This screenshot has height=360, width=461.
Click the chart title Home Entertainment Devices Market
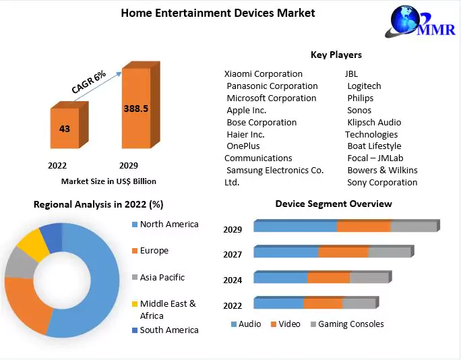pyautogui.click(x=218, y=13)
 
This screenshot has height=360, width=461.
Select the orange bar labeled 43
pyautogui.click(x=65, y=128)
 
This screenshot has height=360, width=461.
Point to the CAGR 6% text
pyautogui.click(x=89, y=82)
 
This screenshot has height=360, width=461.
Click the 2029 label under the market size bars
pyautogui.click(x=129, y=165)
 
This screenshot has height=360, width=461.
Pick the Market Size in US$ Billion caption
pyautogui.click(x=109, y=181)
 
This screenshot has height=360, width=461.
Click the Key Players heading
pyautogui.click(x=336, y=55)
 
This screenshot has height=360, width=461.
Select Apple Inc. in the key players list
pyautogui.click(x=246, y=110)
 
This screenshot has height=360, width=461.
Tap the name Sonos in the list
pyautogui.click(x=359, y=110)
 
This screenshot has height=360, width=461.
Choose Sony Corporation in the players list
pyautogui.click(x=381, y=182)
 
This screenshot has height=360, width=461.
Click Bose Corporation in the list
pyautogui.click(x=261, y=122)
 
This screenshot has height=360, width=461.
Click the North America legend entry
pyautogui.click(x=168, y=224)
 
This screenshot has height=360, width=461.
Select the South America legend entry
pyautogui.click(x=168, y=330)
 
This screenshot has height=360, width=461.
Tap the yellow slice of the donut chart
pyautogui.click(x=30, y=244)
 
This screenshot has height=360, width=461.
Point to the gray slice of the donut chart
pyautogui.click(x=18, y=265)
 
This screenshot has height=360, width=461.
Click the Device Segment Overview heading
pyautogui.click(x=333, y=204)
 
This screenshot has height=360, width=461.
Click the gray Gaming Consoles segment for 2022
pyautogui.click(x=358, y=303)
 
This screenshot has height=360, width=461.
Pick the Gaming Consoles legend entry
pyautogui.click(x=350, y=324)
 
